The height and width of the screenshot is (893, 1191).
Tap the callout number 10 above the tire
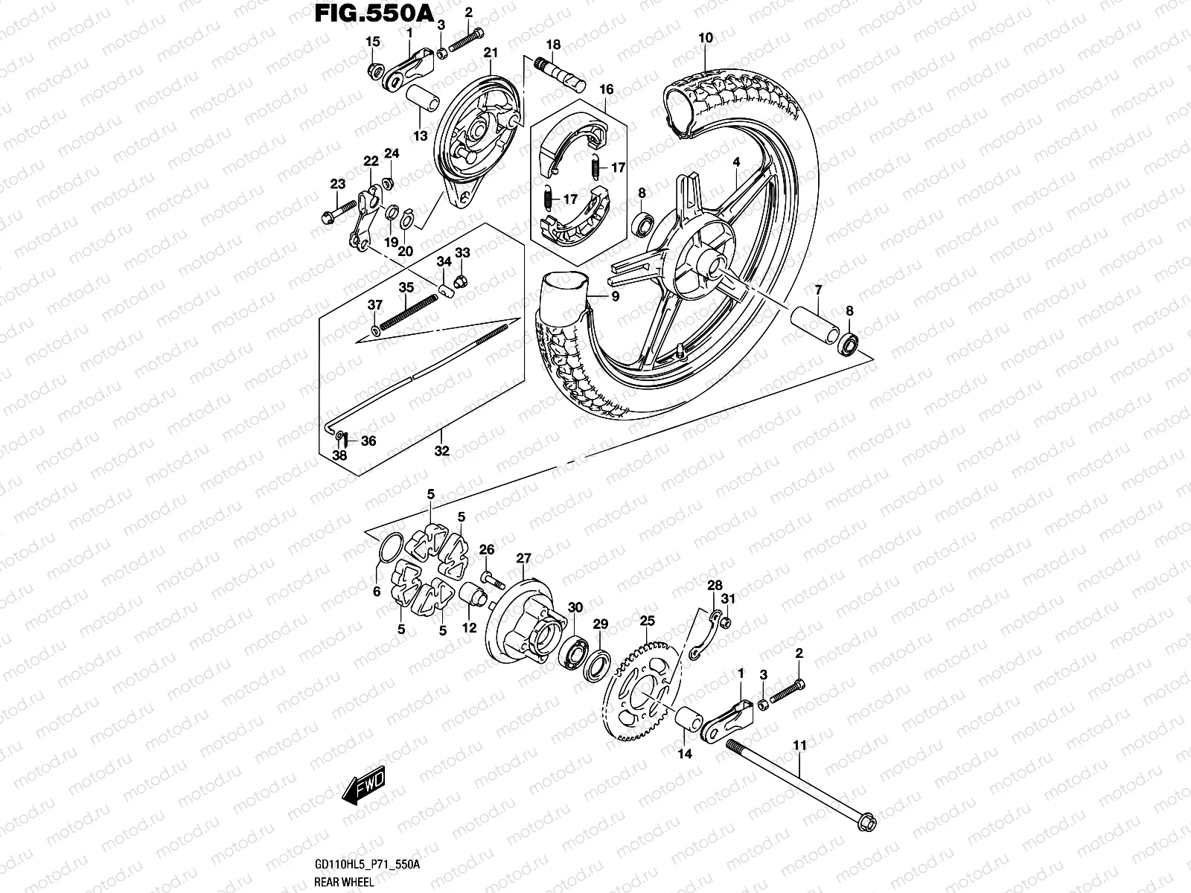[x=706, y=38]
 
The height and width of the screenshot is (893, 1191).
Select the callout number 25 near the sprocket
[x=647, y=620]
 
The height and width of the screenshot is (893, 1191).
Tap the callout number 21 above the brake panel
[x=490, y=52]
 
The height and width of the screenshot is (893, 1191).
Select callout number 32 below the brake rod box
[x=441, y=451]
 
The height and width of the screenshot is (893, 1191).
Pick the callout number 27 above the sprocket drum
[x=524, y=558]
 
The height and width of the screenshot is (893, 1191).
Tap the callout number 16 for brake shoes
[x=607, y=90]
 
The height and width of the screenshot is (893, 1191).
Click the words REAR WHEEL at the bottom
[x=333, y=883]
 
